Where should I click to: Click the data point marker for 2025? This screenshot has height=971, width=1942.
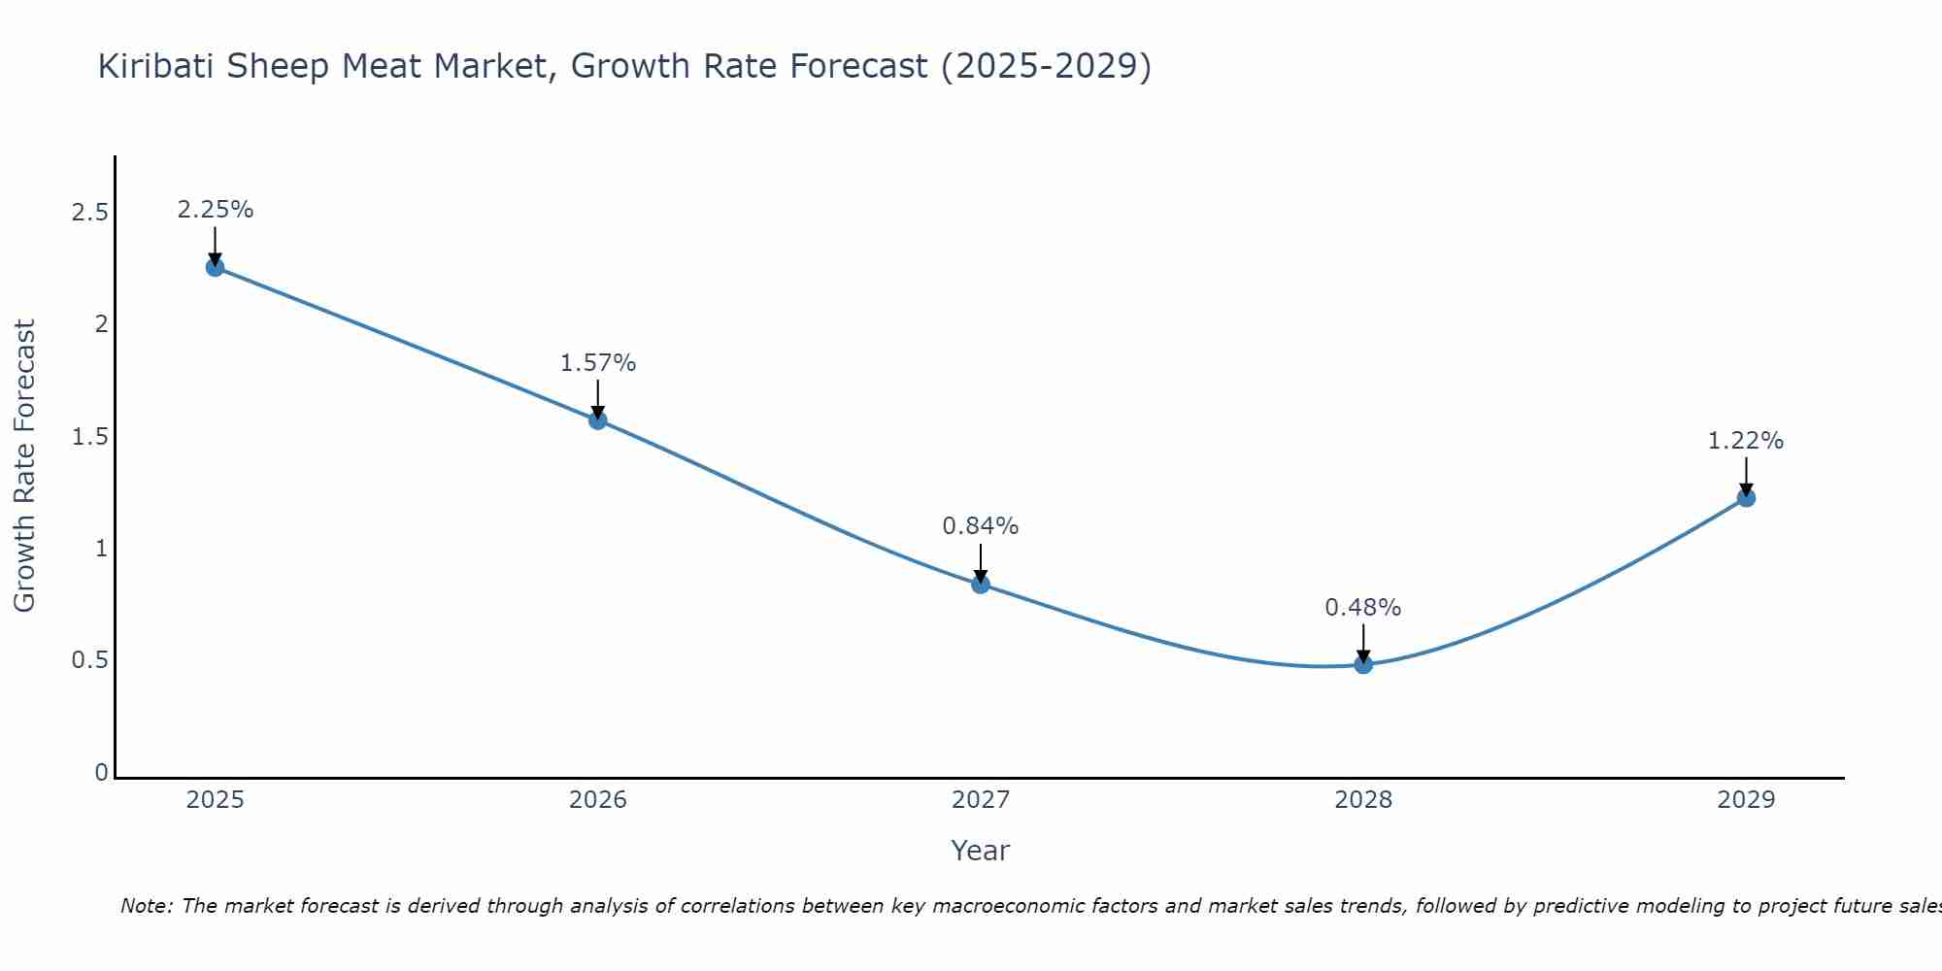pos(216,267)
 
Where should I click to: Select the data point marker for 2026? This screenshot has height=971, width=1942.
pos(598,419)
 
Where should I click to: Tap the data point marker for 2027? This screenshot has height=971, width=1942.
pos(981,584)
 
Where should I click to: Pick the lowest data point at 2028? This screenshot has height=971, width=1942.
pos(1363,664)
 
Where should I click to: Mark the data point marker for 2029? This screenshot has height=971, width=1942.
pos(1746,498)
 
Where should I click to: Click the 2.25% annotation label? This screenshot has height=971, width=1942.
pos(216,210)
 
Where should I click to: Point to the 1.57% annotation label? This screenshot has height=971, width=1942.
pos(598,363)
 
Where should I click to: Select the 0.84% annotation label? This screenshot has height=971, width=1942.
pos(981,526)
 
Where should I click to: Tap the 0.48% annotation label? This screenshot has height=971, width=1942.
pos(1363,608)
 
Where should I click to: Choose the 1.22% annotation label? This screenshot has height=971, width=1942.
pos(1746,441)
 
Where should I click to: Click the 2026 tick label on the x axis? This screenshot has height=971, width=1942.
pos(598,800)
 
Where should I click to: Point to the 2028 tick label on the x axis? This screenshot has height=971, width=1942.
pos(1363,800)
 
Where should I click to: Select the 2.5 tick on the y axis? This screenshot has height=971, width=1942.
pos(90,213)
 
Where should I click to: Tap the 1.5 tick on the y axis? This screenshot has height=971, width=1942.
pos(90,437)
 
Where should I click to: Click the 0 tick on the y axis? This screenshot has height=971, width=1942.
pos(101,773)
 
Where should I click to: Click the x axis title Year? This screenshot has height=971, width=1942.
pos(981,851)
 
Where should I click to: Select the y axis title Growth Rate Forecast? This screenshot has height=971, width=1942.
pos(25,466)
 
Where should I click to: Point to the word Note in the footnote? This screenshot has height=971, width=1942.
pos(146,906)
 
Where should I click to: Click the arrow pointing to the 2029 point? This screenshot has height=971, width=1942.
pos(1746,476)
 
